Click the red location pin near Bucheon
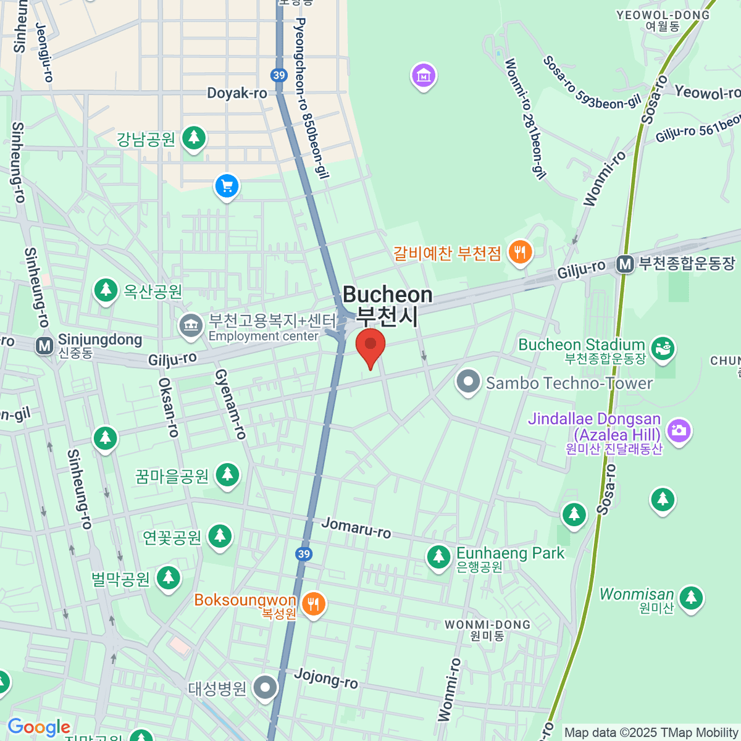(371, 345)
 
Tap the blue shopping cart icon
(227, 185)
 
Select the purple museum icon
(424, 76)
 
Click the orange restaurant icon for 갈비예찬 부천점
(520, 252)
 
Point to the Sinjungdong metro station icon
(44, 346)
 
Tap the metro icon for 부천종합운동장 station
(625, 264)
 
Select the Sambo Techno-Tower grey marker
(468, 382)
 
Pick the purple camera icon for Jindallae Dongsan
(679, 430)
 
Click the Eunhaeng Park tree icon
(438, 558)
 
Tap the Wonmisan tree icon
(690, 598)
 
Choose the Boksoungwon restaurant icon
(313, 603)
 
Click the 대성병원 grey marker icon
(266, 687)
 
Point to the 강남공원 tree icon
(194, 137)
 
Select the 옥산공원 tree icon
(106, 290)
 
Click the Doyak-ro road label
(237, 93)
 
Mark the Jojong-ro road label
(325, 677)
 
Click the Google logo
(39, 727)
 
